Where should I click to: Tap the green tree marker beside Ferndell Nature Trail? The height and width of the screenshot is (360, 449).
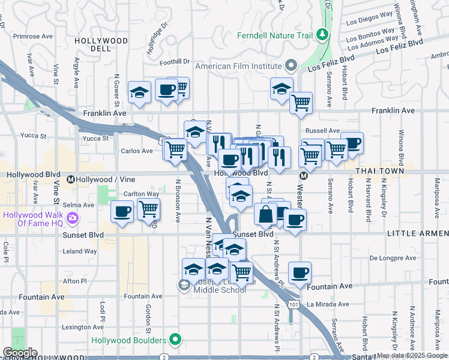pos(323,34)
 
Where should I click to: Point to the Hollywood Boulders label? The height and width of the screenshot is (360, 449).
pos(128,340)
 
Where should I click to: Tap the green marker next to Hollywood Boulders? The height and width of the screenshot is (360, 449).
pos(175,340)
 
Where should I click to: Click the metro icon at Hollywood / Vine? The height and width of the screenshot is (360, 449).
pos(71,179)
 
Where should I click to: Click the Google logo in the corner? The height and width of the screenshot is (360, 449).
pos(19,353)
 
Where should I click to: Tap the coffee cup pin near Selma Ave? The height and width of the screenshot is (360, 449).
pos(122,212)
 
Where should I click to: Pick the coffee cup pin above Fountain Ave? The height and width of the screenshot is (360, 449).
pos(300,273)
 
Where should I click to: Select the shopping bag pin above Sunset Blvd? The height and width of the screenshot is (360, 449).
pos(265,214)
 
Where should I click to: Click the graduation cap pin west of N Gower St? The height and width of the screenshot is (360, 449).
pos(139,92)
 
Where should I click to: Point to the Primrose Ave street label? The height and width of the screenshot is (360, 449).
pos(20,35)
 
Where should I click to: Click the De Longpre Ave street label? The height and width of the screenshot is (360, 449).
pos(393,259)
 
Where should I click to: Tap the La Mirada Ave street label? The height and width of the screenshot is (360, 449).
pos(327,304)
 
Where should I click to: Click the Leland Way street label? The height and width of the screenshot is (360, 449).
pos(80,251)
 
